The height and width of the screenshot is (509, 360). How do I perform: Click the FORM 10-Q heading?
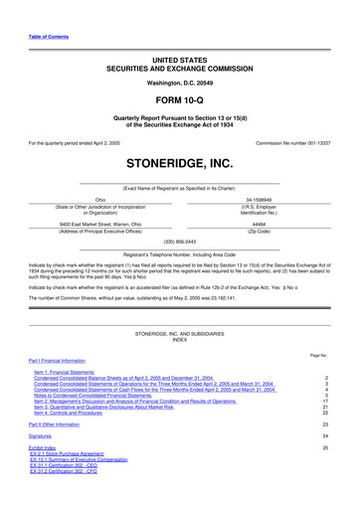click(179, 103)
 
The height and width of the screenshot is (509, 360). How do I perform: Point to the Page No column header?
click(318, 355)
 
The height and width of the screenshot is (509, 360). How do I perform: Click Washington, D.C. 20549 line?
click(179, 83)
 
